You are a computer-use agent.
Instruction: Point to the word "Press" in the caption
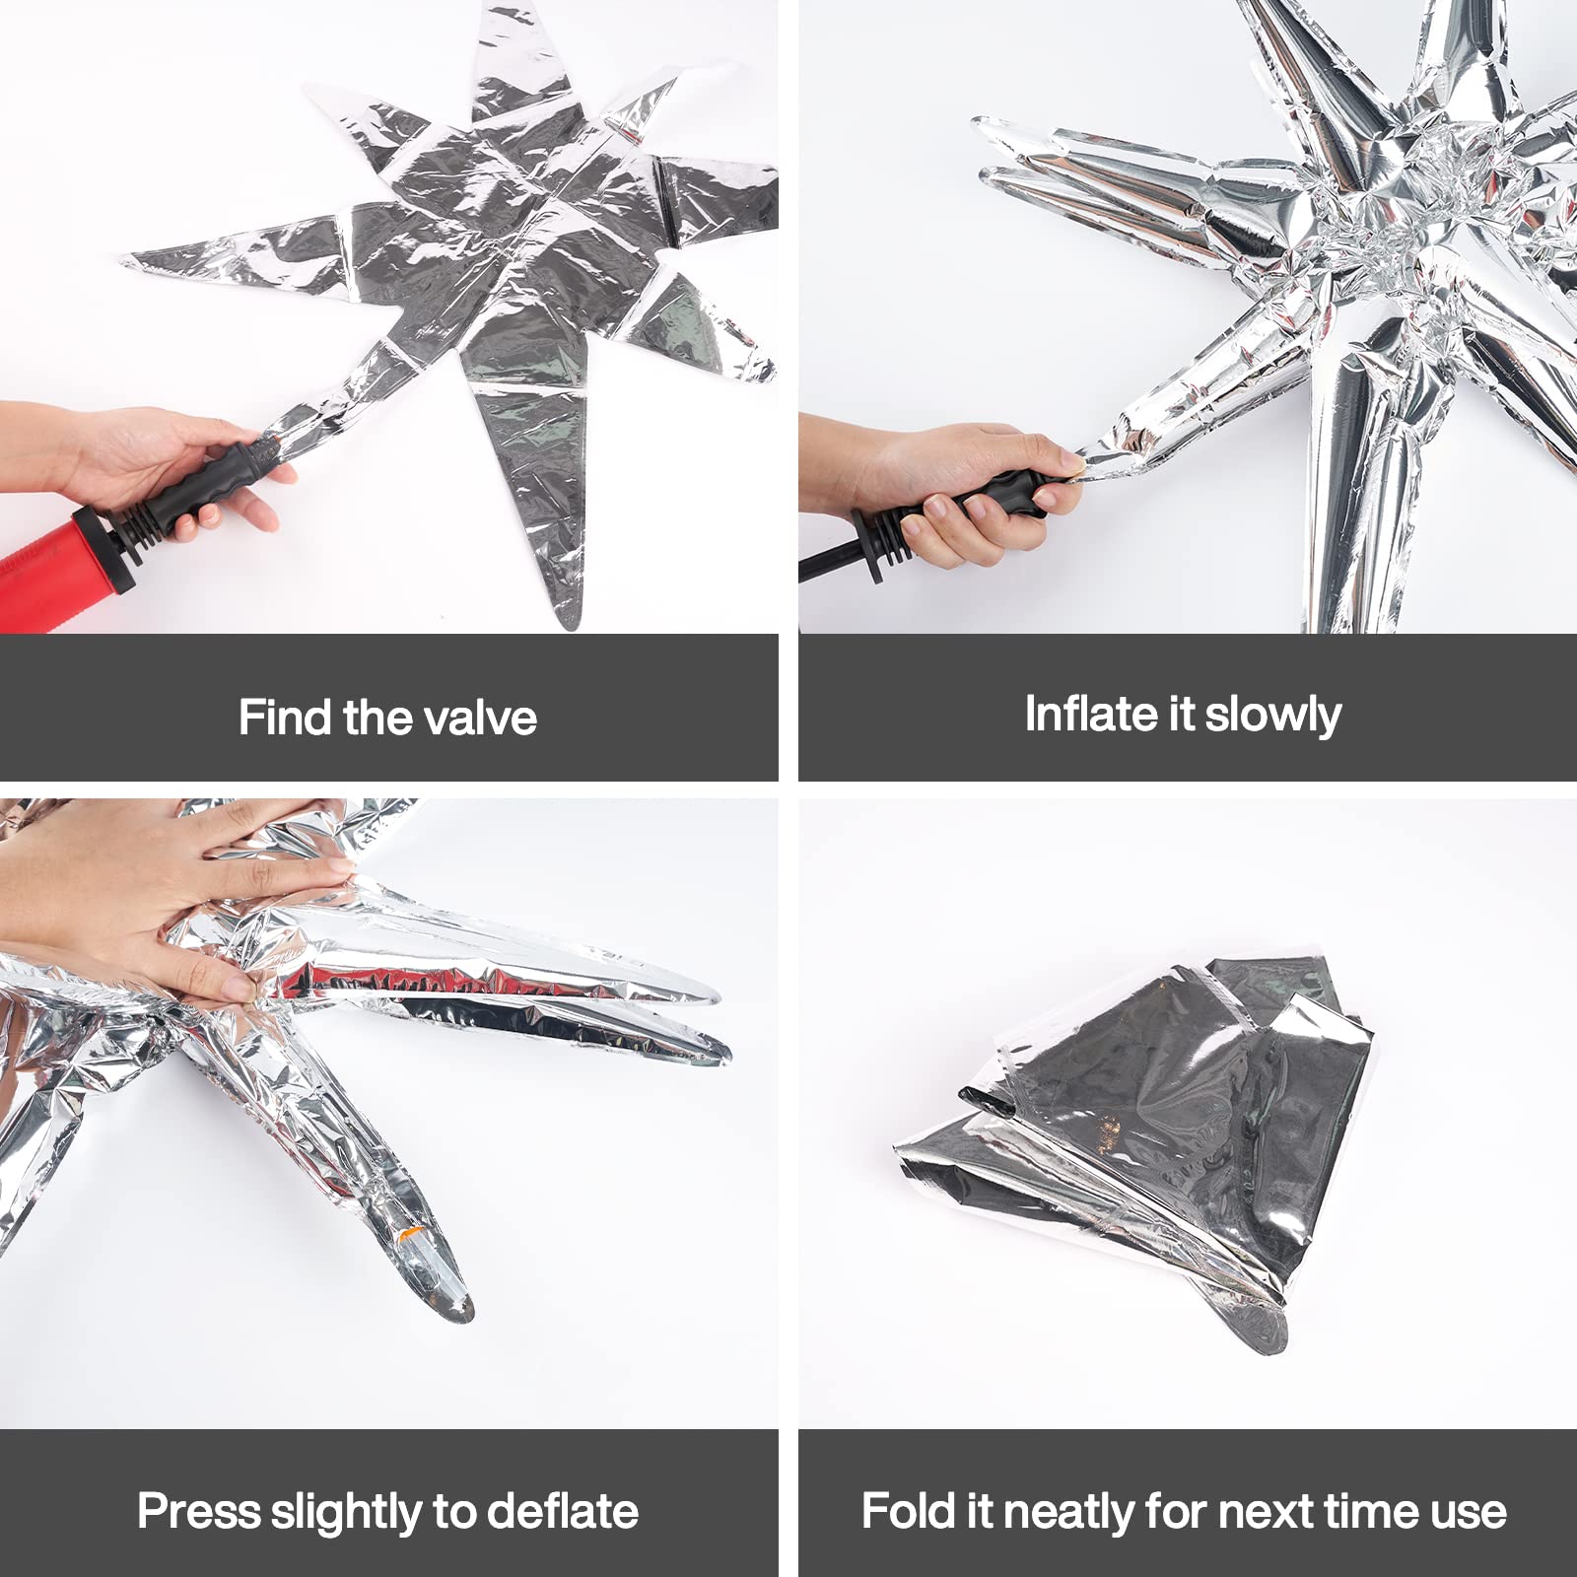[197, 1511]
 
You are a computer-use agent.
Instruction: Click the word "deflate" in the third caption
[562, 1511]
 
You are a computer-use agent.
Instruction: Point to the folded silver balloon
[1143, 1133]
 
